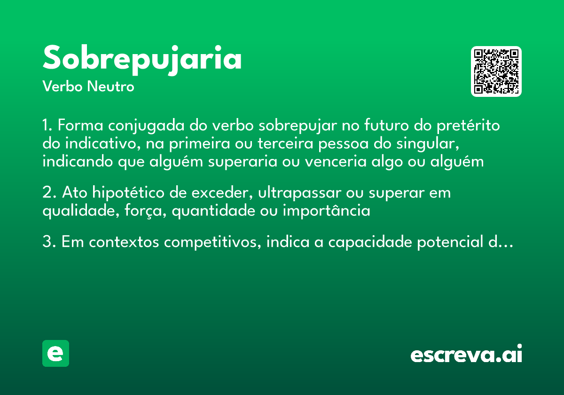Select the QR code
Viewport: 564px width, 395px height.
[496, 71]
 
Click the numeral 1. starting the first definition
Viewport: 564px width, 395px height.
[47, 126]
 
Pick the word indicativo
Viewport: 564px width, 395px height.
[100, 144]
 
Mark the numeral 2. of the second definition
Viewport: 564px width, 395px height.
[48, 193]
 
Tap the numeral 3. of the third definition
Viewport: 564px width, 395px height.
[48, 243]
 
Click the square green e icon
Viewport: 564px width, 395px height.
[55, 353]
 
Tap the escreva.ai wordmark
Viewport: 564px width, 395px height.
[466, 355]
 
